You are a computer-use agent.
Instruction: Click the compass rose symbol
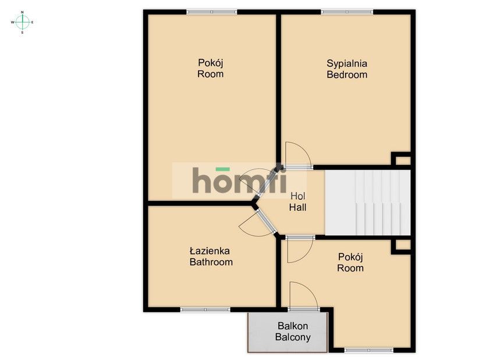[22, 22]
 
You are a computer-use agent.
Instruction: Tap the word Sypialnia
[347, 63]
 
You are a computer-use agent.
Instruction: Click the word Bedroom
[347, 75]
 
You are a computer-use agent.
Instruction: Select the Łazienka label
[210, 251]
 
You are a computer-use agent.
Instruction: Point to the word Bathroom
[211, 262]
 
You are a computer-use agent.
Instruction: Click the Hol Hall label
[297, 202]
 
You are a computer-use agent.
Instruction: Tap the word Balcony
[293, 337]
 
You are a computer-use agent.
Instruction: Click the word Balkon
[293, 326]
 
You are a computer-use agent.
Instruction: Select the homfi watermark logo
[240, 181]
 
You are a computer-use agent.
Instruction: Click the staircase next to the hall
[367, 203]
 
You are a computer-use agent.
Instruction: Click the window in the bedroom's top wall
[347, 12]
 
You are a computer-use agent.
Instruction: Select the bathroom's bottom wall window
[205, 310]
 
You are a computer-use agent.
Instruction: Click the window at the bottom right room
[369, 350]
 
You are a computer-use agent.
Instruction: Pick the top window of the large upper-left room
[211, 12]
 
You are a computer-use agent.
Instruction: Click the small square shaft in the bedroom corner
[401, 159]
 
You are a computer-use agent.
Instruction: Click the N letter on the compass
[22, 12]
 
